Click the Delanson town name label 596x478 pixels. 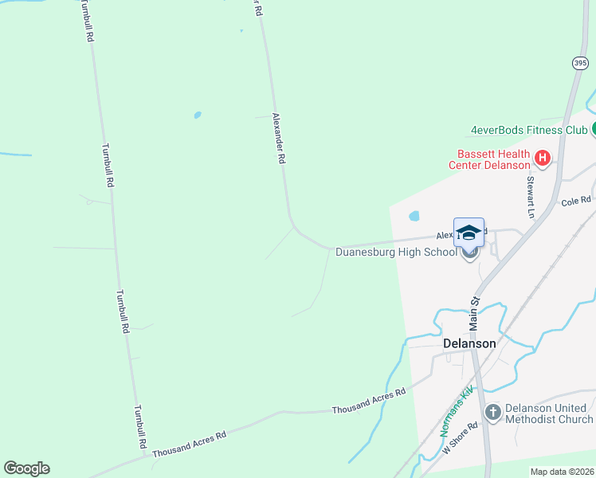[x=469, y=343]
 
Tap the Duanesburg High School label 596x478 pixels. [x=396, y=253]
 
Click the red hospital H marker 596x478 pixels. [x=543, y=158]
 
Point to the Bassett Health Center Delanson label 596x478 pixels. [x=493, y=159]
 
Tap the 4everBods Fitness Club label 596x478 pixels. [x=529, y=130]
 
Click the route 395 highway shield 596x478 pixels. [x=580, y=61]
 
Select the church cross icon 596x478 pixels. [x=492, y=412]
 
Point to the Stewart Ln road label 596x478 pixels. [x=529, y=196]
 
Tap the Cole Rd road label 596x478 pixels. [x=575, y=201]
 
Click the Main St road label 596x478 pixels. [x=473, y=314]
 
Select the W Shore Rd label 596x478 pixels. [x=461, y=439]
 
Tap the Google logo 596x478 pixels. [x=26, y=468]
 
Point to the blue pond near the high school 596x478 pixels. [x=414, y=216]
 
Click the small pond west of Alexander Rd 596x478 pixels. [x=198, y=115]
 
